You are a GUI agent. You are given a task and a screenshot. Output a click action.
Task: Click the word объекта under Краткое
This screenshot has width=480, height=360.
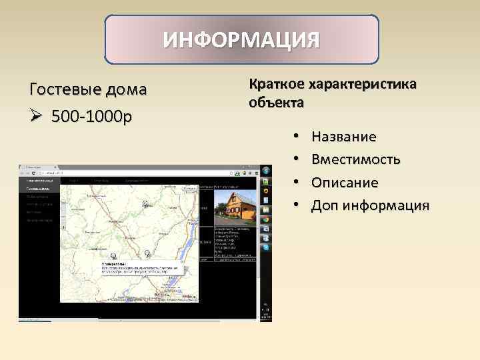pos(276,103)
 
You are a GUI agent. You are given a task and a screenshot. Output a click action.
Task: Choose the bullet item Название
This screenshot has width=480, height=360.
pos(343,137)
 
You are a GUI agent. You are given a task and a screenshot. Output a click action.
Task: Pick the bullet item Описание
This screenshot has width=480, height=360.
pos(345,182)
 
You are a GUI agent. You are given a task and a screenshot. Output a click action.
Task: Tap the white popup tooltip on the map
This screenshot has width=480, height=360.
pos(140,268)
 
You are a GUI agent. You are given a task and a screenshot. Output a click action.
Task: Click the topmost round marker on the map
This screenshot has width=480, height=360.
pos(145,203)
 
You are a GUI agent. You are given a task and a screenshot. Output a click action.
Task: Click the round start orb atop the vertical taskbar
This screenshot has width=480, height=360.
pos(266,171)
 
